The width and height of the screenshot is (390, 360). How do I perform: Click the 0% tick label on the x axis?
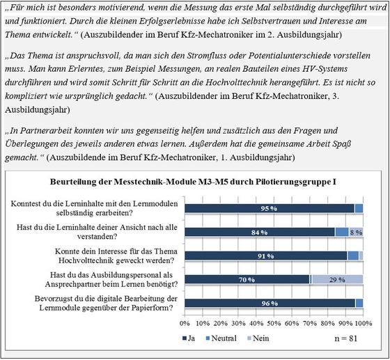coord(185,323)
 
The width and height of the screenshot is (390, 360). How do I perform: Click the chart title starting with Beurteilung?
coord(196,182)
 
